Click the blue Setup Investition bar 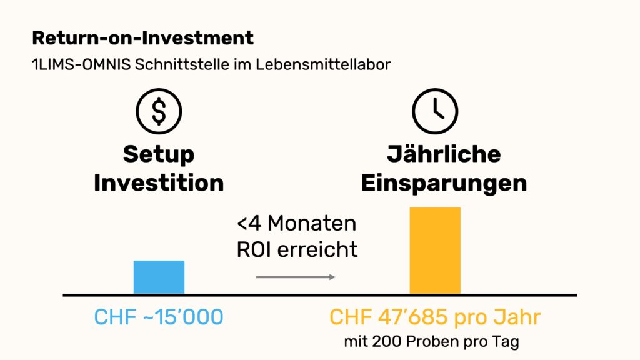tap(159, 277)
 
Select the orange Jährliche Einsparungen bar tap(434, 250)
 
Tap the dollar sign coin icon tap(159, 112)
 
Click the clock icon tap(435, 112)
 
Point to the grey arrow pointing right tap(296, 277)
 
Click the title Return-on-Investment tap(142, 38)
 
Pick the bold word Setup tap(159, 154)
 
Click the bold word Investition tap(159, 183)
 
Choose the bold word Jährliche tap(444, 154)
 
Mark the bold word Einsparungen tap(444, 183)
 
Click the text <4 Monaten tap(296, 223)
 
